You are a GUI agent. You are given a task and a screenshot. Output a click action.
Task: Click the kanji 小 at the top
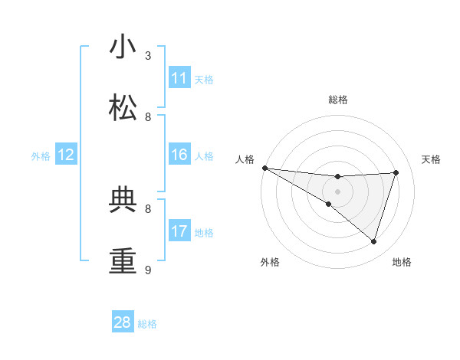tap(123, 47)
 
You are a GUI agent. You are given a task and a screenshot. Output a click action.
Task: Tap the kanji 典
tap(123, 200)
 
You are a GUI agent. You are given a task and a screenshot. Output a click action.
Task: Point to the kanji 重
tap(123, 260)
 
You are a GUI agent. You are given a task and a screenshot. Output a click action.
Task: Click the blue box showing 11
tap(179, 78)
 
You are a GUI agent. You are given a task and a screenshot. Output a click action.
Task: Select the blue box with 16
tap(179, 155)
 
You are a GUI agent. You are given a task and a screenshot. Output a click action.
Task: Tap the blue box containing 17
tap(179, 231)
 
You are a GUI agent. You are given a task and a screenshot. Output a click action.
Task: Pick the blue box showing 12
tap(66, 155)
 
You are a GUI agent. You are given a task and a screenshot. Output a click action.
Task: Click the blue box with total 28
tap(123, 322)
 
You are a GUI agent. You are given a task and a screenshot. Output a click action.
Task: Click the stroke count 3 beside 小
tap(148, 56)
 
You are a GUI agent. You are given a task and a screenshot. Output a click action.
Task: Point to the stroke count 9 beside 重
tap(148, 270)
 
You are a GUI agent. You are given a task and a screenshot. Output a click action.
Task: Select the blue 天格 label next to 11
tap(204, 79)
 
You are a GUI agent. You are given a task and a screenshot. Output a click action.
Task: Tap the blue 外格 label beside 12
tap(41, 156)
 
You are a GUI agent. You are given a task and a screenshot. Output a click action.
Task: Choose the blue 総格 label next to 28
tap(147, 323)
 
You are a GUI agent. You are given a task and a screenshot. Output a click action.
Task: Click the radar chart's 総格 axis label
tap(337, 100)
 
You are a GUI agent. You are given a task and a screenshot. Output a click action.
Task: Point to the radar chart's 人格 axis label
tap(245, 159)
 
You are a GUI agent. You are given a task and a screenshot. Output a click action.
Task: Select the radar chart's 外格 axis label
tap(270, 262)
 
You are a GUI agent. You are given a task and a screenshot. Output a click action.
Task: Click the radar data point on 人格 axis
tap(264, 168)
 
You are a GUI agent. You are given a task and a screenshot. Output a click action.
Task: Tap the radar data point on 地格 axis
tap(373, 242)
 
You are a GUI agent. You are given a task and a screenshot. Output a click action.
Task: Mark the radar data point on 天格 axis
tap(396, 172)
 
